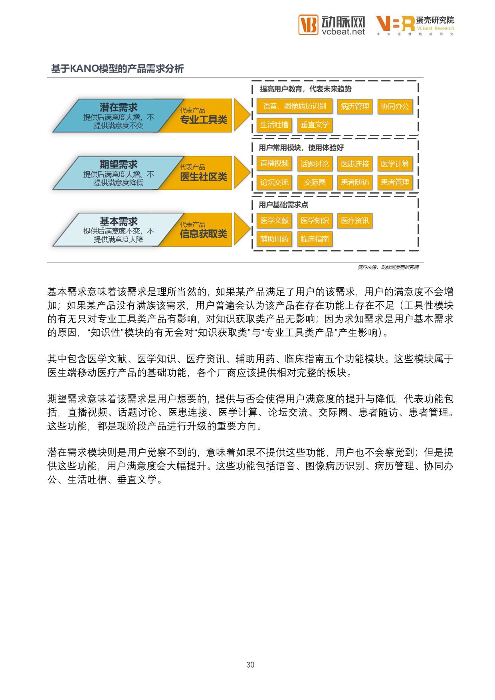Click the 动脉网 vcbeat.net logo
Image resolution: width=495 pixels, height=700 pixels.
point(332,25)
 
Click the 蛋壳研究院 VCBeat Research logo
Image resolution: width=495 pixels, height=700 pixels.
point(415,25)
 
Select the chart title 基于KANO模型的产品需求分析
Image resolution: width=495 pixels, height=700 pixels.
point(117,69)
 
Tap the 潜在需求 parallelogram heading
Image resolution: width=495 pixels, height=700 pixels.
point(119,107)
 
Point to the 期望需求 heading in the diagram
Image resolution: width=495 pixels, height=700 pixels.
point(119,164)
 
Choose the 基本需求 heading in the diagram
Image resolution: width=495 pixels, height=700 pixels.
point(119,221)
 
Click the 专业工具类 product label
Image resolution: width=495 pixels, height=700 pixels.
point(204,119)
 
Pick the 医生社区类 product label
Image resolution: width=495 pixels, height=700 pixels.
point(204,176)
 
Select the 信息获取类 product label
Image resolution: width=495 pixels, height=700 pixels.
point(204,233)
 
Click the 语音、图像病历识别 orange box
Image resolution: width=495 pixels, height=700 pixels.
point(294,106)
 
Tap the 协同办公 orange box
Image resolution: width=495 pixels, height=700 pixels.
point(395,107)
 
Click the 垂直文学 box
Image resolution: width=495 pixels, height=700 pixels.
point(315,125)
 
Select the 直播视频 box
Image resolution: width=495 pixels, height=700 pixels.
point(274,164)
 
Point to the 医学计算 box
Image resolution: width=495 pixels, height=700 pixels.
point(395,164)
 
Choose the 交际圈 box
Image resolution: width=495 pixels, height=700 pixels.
point(315,182)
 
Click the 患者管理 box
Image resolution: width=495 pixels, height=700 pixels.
point(395,182)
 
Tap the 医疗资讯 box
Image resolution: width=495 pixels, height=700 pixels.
point(355,221)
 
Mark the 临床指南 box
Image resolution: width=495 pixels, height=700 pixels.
point(315,239)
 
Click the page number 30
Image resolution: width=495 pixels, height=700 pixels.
point(250,664)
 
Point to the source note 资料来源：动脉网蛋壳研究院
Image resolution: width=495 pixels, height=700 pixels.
point(388,267)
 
